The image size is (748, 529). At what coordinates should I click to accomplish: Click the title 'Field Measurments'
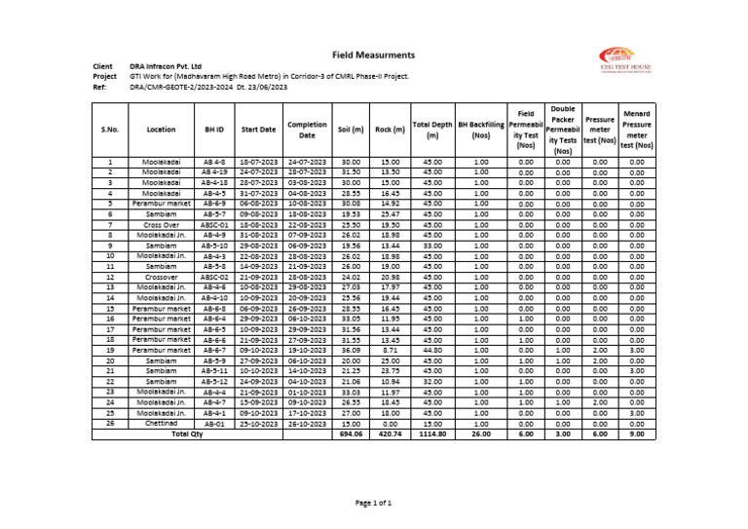coord(373,55)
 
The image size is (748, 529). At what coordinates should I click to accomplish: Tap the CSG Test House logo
coord(625,60)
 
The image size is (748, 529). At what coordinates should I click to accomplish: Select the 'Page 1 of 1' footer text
coord(373,502)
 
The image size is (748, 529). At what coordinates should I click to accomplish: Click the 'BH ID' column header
coord(214,129)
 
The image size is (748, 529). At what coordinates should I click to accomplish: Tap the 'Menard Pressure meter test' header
coord(637,130)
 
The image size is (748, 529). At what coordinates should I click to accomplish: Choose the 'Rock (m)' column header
coord(390,129)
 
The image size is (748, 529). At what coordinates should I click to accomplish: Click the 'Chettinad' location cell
coord(161,423)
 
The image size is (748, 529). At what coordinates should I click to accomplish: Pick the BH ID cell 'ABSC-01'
coord(214,224)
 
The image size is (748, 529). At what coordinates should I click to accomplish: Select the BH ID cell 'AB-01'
coord(214,423)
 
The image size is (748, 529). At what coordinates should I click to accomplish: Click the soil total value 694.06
coord(351,434)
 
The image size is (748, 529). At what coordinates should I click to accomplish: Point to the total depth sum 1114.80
coord(431,434)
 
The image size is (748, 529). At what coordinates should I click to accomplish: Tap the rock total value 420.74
coord(390,434)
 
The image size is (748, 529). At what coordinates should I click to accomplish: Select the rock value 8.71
coord(390,349)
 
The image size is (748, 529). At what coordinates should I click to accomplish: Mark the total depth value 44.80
coord(431,349)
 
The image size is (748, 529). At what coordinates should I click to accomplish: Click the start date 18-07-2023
coord(259,162)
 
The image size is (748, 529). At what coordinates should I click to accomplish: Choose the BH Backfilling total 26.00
coord(480,434)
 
